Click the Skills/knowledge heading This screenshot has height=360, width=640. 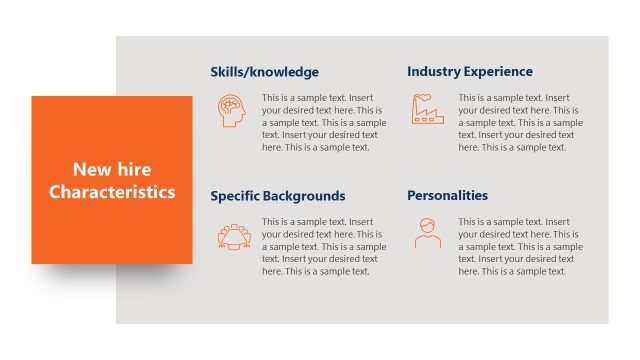[x=265, y=72]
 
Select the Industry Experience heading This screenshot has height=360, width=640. [x=470, y=72]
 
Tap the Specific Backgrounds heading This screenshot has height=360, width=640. [x=278, y=196]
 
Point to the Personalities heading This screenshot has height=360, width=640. [x=448, y=196]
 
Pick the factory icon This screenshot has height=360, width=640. [x=428, y=109]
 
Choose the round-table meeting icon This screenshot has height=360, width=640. [x=234, y=235]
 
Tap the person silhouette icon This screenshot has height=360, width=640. [x=427, y=234]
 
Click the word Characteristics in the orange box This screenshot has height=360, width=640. [x=112, y=191]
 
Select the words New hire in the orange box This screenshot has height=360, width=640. [x=112, y=169]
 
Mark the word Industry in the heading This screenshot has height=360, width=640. [x=431, y=72]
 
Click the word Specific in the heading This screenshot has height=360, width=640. [x=234, y=196]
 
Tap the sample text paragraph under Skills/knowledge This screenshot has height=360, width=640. [x=323, y=122]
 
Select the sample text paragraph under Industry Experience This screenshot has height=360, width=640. [x=519, y=122]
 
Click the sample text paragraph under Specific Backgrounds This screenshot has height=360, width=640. [x=323, y=246]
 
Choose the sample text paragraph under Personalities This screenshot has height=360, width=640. [x=519, y=246]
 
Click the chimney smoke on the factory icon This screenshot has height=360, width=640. [x=423, y=96]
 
